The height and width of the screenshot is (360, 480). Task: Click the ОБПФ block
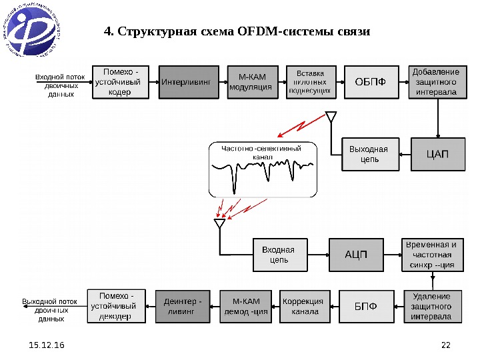click(x=369, y=81)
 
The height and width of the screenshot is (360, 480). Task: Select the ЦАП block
click(x=437, y=155)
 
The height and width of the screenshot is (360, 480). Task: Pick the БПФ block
click(x=365, y=307)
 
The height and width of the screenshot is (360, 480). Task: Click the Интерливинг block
click(x=188, y=81)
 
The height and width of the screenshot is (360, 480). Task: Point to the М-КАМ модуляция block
click(x=250, y=81)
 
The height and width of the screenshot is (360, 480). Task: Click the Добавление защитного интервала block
click(x=437, y=81)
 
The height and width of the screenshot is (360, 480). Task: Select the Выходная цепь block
click(x=369, y=155)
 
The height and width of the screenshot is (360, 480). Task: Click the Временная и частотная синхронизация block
click(x=431, y=254)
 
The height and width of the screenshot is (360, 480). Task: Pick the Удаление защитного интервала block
click(x=431, y=307)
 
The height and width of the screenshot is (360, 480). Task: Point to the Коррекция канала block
click(x=305, y=307)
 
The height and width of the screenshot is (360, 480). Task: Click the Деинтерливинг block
click(x=182, y=307)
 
